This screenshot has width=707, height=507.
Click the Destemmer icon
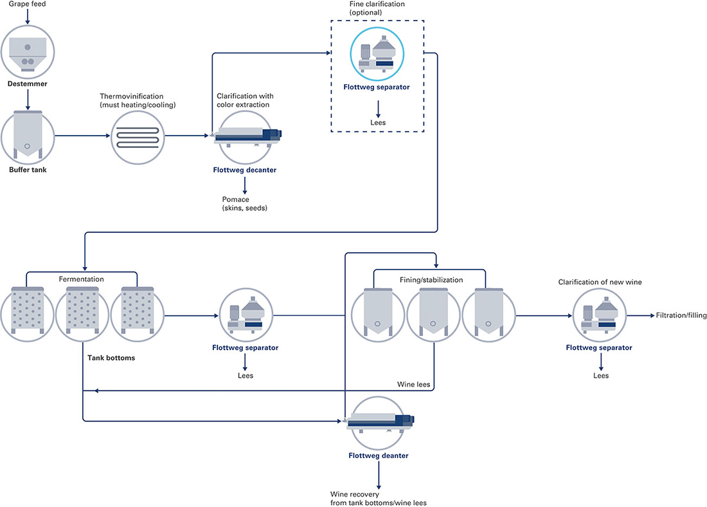(x=28, y=52)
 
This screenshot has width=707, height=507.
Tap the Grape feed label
(x=27, y=4)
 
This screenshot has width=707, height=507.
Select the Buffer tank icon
(x=28, y=136)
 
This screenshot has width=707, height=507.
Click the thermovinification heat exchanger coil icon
(x=138, y=137)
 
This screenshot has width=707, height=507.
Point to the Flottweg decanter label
(x=244, y=171)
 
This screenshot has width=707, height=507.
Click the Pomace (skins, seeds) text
(x=244, y=203)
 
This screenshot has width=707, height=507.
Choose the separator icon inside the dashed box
(x=377, y=54)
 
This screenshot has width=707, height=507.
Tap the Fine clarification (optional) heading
(x=377, y=8)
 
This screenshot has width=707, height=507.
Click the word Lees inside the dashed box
(x=378, y=123)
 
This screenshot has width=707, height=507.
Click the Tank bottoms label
(x=111, y=358)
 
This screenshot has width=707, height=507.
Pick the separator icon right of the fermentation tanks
(x=246, y=315)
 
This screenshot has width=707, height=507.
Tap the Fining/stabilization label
(x=431, y=280)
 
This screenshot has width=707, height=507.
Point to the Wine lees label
(x=413, y=385)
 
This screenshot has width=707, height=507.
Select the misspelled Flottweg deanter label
(x=379, y=456)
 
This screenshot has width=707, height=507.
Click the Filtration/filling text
(x=681, y=315)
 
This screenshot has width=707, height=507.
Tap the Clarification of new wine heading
(x=600, y=282)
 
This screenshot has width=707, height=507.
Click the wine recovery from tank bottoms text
(x=379, y=499)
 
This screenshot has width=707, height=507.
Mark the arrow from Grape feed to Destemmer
(x=28, y=16)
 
